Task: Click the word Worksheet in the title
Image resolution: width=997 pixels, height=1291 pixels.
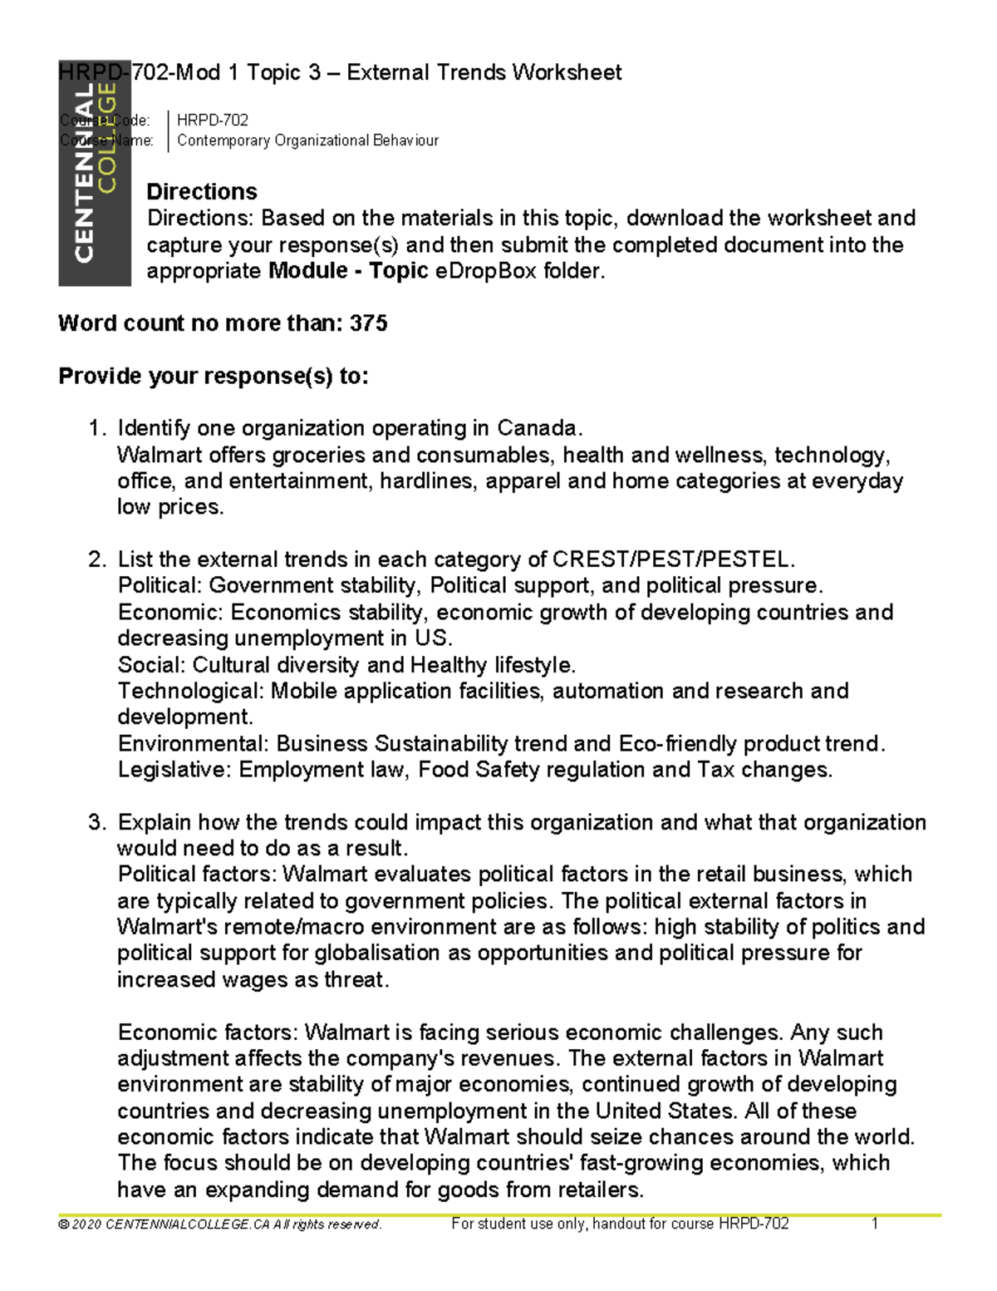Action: point(567,73)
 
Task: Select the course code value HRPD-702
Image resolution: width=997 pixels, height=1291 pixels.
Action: point(213,121)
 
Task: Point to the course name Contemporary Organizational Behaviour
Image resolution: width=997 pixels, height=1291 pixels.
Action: point(307,140)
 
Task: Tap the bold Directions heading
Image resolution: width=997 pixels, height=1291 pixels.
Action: point(202,192)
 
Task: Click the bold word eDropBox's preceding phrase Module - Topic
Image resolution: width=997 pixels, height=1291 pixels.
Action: point(348,271)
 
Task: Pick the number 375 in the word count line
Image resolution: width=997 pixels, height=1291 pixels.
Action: point(369,323)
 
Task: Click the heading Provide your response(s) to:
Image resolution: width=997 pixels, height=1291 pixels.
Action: point(214,377)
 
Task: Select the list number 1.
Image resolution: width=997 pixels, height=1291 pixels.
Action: point(96,429)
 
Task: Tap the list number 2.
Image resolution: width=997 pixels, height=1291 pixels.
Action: point(96,559)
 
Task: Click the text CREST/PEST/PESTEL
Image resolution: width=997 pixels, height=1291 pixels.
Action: point(674,559)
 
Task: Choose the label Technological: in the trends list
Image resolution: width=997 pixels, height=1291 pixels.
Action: point(191,692)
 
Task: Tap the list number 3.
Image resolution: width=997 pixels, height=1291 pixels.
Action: point(96,823)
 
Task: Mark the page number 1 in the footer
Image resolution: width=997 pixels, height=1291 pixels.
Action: point(875,1224)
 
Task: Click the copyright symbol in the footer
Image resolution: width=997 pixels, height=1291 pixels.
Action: point(63,1224)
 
